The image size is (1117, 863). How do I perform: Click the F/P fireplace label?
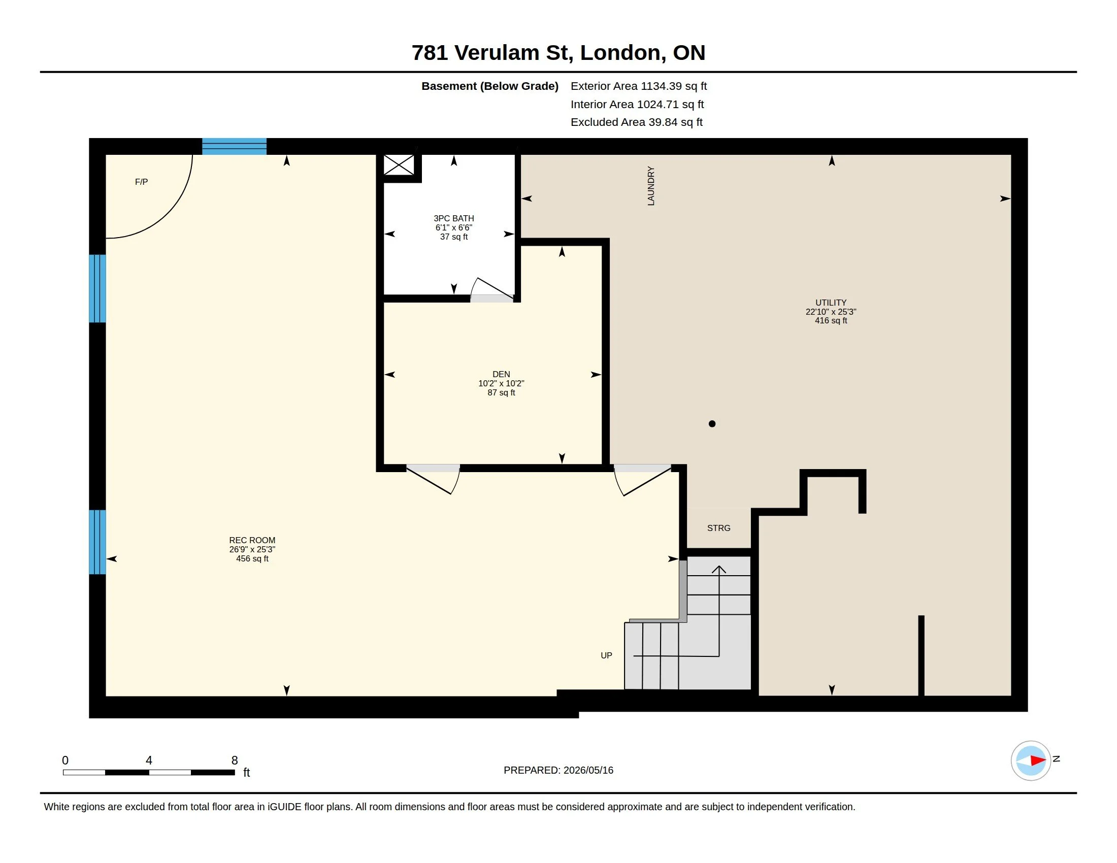pos(141,182)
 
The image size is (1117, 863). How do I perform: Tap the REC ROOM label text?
pos(252,541)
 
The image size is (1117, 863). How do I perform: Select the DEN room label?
pos(501,374)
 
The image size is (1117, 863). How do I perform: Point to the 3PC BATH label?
pos(453,218)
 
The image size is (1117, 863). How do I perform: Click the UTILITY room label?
pos(831,303)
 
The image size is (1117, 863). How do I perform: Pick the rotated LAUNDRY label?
pos(650,186)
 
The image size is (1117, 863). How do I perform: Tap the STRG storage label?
pos(718,528)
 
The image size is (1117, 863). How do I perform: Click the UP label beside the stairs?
pos(606,655)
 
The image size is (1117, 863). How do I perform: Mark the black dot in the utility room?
pos(712,424)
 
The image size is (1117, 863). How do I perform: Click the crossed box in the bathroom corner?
pos(399,165)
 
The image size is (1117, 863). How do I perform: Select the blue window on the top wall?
pos(234,146)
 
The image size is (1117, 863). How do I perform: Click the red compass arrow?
pos(1038,761)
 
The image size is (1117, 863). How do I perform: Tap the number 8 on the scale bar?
pos(235,760)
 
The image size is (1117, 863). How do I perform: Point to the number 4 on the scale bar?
pos(149,760)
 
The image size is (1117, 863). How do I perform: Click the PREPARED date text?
pos(558,771)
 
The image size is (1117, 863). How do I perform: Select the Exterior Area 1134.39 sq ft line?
pos(639,86)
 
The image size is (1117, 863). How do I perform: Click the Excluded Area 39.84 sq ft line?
pos(636,122)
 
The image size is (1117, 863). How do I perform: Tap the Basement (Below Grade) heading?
pos(489,86)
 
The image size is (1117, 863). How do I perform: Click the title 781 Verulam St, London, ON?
pos(558,53)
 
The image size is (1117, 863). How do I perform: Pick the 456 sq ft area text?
pos(252,559)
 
